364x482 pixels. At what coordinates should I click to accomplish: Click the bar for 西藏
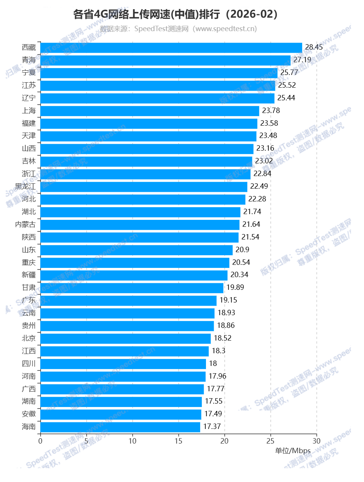(x=171, y=48)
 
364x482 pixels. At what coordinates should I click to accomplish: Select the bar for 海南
(x=120, y=427)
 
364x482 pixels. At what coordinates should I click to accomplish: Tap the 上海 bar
(x=150, y=111)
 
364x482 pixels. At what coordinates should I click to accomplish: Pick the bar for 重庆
(x=135, y=263)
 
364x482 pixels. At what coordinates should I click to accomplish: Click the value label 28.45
(x=314, y=47)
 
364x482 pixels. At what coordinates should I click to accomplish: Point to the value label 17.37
(x=212, y=427)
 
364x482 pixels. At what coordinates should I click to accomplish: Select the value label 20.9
(x=242, y=250)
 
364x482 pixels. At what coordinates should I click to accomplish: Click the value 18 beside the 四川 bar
(x=213, y=364)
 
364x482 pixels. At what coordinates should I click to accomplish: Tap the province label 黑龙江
(x=25, y=187)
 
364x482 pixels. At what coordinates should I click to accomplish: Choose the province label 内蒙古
(x=25, y=224)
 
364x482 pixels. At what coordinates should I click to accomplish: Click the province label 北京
(x=29, y=338)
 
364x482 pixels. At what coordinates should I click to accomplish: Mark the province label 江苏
(x=29, y=85)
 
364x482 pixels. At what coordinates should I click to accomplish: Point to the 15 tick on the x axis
(x=178, y=441)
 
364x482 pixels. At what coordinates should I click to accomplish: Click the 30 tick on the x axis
(x=316, y=441)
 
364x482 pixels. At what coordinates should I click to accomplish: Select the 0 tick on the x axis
(x=40, y=441)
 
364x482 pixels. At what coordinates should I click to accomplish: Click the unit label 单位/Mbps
(x=293, y=450)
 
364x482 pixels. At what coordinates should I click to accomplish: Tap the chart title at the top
(x=175, y=15)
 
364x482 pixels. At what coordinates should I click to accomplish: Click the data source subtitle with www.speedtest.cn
(x=178, y=29)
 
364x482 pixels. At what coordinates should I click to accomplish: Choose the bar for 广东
(x=128, y=301)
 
